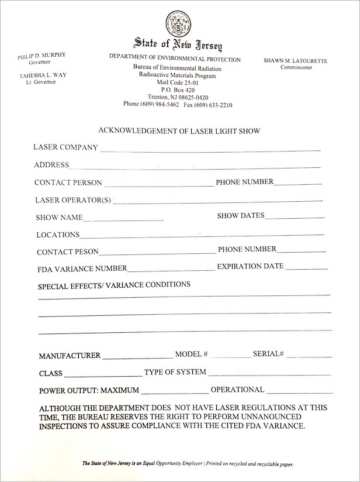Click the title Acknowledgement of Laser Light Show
pyautogui.click(x=180, y=131)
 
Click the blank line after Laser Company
pyautogui.click(x=210, y=149)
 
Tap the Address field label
pyautogui.click(x=51, y=165)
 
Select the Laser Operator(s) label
pyautogui.click(x=73, y=200)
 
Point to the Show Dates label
pyautogui.click(x=241, y=216)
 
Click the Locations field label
pyautogui.click(x=58, y=235)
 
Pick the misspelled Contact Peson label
pyautogui.click(x=67, y=252)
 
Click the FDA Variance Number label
pyautogui.click(x=82, y=269)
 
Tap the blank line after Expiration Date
pyautogui.click(x=307, y=268)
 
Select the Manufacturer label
pyautogui.click(x=70, y=356)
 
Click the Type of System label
pyautogui.click(x=175, y=372)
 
